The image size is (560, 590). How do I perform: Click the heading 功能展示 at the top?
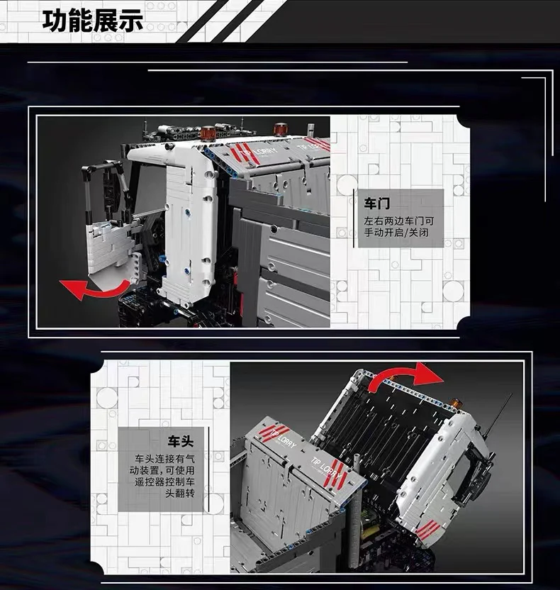pos(93,21)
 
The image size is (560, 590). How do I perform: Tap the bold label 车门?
pos(377,204)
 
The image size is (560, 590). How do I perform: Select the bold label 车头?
pos(181,441)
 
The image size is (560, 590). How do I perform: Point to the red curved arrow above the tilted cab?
pos(404,377)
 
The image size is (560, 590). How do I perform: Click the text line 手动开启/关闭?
pos(396,233)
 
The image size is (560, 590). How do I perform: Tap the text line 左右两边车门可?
pos(398,221)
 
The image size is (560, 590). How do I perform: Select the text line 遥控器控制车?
pos(164,482)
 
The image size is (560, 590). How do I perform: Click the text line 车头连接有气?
pos(164,459)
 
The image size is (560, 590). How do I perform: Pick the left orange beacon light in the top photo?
pos(207,133)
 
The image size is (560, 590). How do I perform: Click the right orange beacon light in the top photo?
pos(279,128)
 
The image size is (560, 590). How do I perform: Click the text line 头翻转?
pos(180,493)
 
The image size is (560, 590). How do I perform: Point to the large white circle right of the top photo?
pos(453,291)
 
